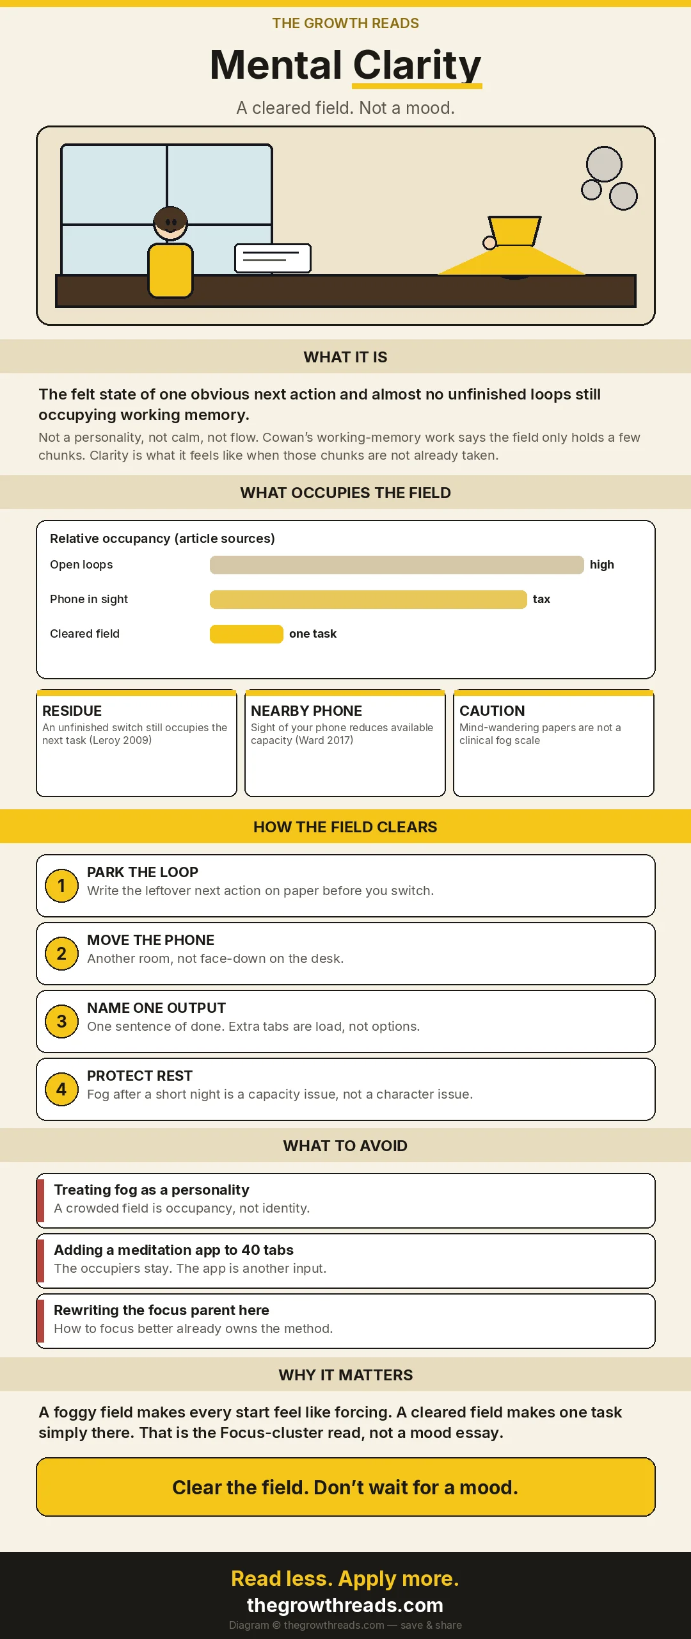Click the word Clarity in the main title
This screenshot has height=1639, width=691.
(x=417, y=65)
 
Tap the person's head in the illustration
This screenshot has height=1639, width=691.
(x=170, y=223)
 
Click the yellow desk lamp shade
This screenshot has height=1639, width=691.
(x=514, y=230)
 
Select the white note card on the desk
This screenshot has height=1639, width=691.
(x=273, y=258)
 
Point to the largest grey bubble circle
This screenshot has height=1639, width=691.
(x=604, y=164)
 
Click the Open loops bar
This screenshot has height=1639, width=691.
(x=397, y=565)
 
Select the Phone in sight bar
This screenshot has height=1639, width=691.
(x=369, y=599)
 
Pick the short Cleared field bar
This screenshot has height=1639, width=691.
(x=246, y=634)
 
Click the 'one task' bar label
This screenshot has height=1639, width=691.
(x=313, y=634)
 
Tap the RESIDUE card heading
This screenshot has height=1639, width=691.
(x=72, y=711)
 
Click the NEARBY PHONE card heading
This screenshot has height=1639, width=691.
(x=306, y=711)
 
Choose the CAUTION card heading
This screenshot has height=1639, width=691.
(x=492, y=711)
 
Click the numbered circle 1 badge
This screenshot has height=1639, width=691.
(x=61, y=885)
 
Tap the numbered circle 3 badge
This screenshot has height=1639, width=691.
(x=61, y=1021)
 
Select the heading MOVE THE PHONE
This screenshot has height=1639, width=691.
(x=150, y=940)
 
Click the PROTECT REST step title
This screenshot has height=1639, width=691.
(x=139, y=1076)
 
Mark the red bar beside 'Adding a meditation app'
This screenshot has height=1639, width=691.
(x=40, y=1261)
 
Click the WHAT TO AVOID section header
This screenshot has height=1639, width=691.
(x=345, y=1145)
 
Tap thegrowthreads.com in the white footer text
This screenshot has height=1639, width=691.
(x=345, y=1605)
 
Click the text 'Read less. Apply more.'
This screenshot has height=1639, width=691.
(x=345, y=1578)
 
